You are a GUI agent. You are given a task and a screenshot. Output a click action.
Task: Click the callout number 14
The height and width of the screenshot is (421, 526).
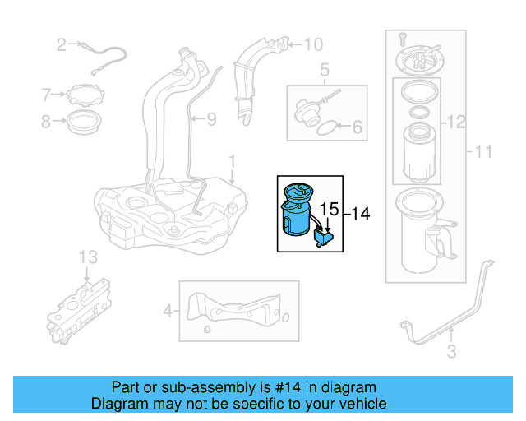[x=361, y=214]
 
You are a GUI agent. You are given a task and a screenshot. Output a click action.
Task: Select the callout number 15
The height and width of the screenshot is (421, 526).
[x=329, y=210]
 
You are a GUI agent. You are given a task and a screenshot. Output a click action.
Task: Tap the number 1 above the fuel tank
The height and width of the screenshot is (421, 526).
[x=232, y=158]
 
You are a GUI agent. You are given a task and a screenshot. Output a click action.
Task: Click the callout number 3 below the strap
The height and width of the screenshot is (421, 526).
[x=451, y=354]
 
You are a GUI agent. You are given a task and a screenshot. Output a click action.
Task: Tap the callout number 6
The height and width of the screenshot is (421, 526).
[x=357, y=127]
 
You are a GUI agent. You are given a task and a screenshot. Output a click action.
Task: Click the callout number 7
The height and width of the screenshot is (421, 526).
[x=47, y=95]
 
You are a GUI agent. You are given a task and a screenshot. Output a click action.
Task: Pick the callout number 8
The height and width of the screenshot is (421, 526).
[x=47, y=123]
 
